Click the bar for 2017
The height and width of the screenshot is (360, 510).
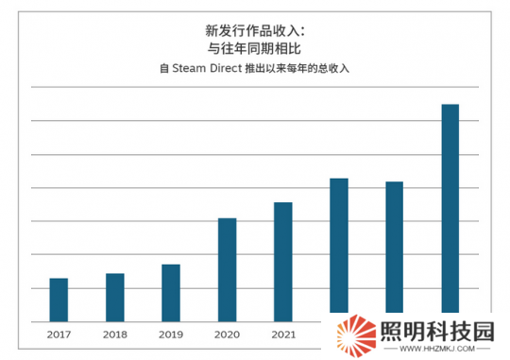[59, 299]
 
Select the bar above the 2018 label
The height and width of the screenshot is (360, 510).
[114, 296]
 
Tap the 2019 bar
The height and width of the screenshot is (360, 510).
[171, 291]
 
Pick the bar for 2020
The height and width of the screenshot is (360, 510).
[227, 268]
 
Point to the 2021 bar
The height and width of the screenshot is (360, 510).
[283, 261]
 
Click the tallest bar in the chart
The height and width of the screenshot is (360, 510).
[450, 208]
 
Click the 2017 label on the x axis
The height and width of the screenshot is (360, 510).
[59, 334]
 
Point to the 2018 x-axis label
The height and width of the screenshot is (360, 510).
[114, 334]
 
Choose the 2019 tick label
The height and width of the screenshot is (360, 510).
[171, 334]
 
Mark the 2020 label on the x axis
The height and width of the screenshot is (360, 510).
[227, 334]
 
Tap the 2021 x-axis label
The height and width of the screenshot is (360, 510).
[283, 334]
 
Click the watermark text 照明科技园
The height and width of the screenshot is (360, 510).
[435, 331]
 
